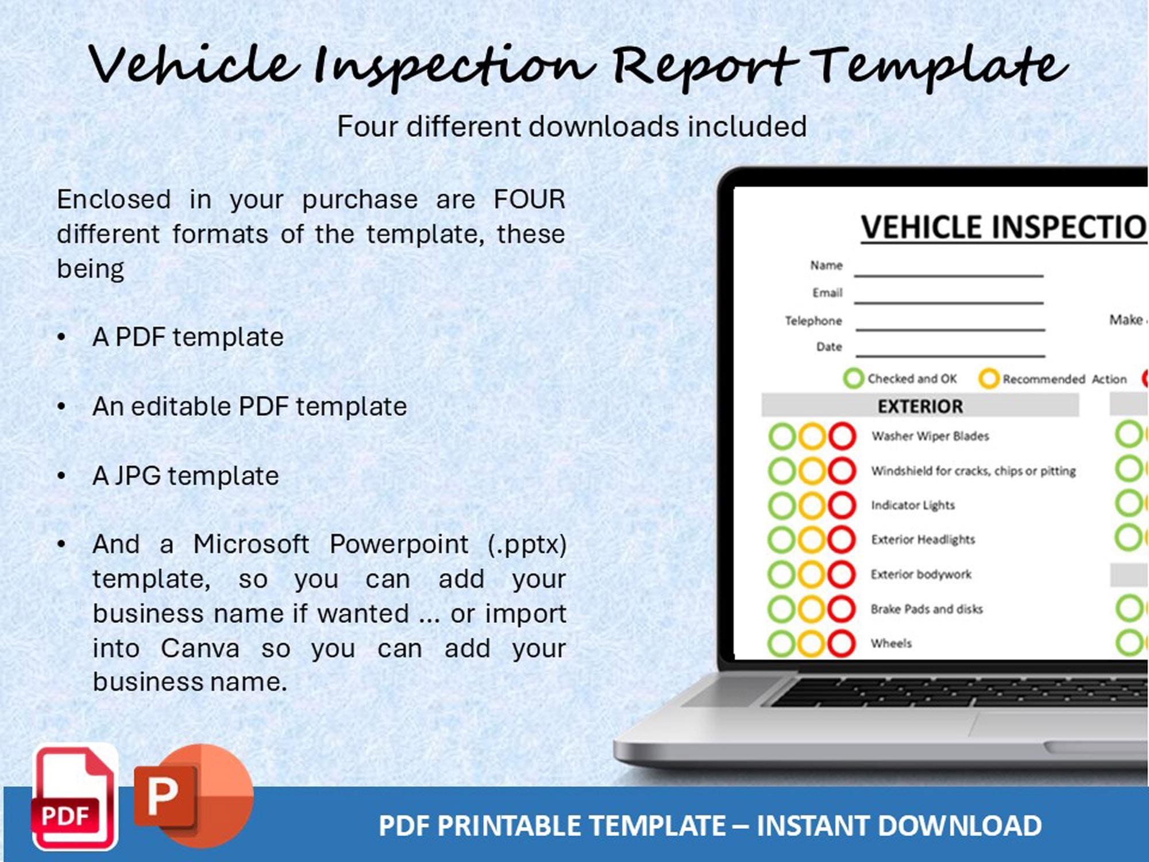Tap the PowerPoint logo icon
[x=193, y=796]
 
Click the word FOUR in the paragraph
[x=529, y=199]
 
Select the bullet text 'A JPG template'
[x=186, y=476]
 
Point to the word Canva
[x=200, y=648]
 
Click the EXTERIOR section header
[x=920, y=406]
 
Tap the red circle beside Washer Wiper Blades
[x=842, y=436]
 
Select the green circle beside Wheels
[x=781, y=643]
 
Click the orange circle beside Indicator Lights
[x=812, y=505]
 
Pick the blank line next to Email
[x=948, y=301]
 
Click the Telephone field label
[x=813, y=321]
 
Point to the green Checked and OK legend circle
[x=853, y=379]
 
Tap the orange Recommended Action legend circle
[x=989, y=379]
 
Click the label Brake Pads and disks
[x=926, y=609]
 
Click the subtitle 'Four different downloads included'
[x=572, y=126]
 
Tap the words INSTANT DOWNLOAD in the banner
[x=899, y=825]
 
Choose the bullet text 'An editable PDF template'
[x=249, y=406]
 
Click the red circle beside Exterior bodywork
[x=842, y=574]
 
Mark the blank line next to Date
[x=950, y=355]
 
